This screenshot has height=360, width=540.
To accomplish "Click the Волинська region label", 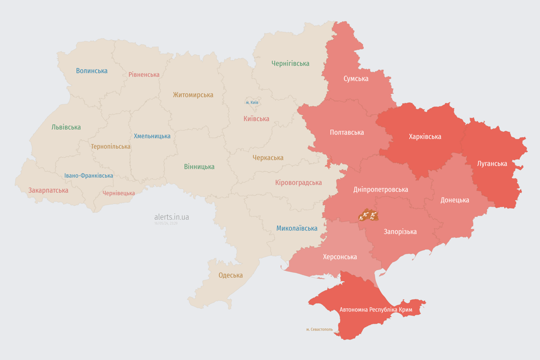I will click(92, 71).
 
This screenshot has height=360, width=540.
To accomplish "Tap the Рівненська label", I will click(144, 75).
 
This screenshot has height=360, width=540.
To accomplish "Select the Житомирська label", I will click(193, 95).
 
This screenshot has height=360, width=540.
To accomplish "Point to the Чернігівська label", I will click(290, 63).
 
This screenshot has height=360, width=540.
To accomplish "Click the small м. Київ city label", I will click(252, 102).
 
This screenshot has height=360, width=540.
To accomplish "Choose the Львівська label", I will click(66, 127).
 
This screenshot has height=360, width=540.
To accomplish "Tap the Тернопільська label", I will click(111, 146).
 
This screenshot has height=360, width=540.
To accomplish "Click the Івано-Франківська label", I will click(89, 176).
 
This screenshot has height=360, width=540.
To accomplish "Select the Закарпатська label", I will click(48, 190).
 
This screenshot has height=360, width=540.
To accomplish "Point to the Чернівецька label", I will click(119, 193).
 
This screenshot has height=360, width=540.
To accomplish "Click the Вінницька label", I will click(199, 166).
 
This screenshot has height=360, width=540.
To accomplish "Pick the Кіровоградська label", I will click(299, 182).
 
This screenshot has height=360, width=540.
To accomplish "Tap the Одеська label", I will click(231, 275).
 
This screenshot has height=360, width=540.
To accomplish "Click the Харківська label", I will click(425, 136).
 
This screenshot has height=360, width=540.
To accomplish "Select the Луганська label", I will click(492, 164).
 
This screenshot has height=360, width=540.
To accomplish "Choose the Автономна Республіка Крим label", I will click(375, 310).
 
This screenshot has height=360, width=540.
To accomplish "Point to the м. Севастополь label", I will click(319, 330).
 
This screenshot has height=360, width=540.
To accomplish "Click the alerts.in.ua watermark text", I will click(172, 217).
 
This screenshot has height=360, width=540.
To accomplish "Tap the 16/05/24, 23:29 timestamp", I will click(166, 224).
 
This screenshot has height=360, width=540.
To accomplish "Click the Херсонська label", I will click(340, 257).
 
